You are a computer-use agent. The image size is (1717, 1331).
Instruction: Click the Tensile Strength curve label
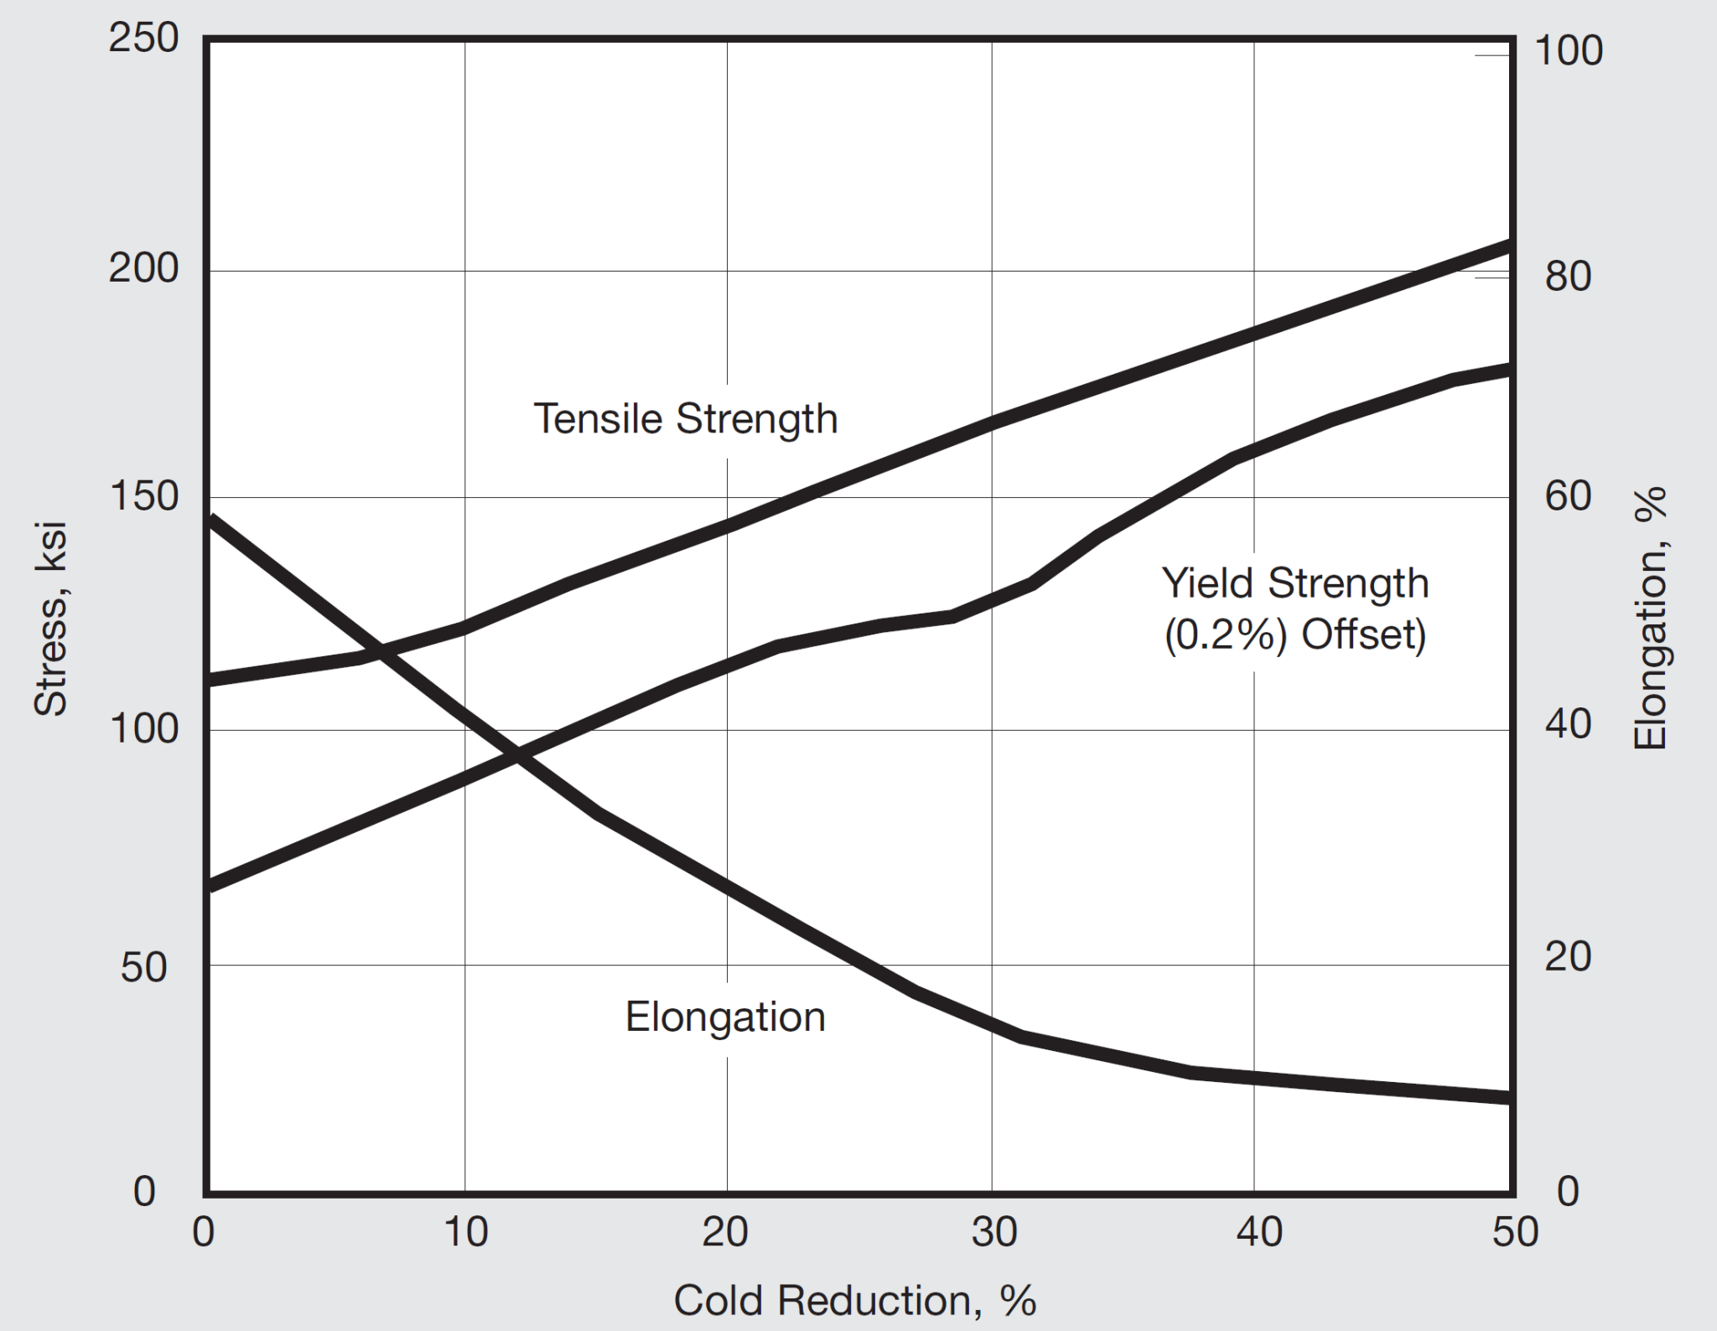tap(686, 419)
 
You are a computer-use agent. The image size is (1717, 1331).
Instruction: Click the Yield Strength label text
tap(1294, 583)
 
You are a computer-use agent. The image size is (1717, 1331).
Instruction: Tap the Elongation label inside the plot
tap(725, 1018)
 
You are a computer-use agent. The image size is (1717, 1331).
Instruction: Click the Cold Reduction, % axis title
tap(855, 1301)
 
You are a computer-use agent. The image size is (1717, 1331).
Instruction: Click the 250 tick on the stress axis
tap(143, 39)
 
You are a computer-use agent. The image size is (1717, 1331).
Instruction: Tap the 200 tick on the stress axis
tap(143, 269)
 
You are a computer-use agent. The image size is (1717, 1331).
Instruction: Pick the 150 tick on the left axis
tap(143, 497)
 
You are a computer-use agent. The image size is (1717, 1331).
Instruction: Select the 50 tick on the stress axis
tap(143, 967)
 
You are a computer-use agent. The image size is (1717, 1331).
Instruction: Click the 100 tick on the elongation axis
tap(1568, 52)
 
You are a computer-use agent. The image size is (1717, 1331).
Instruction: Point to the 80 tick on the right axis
tap(1568, 277)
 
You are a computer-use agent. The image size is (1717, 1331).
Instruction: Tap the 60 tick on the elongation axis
tap(1568, 497)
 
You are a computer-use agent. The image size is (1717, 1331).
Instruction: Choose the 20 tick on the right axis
tap(1568, 956)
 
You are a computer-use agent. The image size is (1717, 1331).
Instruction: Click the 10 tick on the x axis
tap(465, 1232)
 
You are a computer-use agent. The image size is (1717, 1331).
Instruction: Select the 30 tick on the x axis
tap(993, 1232)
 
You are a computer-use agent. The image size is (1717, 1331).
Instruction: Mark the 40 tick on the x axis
tap(1258, 1232)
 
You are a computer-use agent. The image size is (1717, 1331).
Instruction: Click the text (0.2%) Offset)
tap(1294, 635)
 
